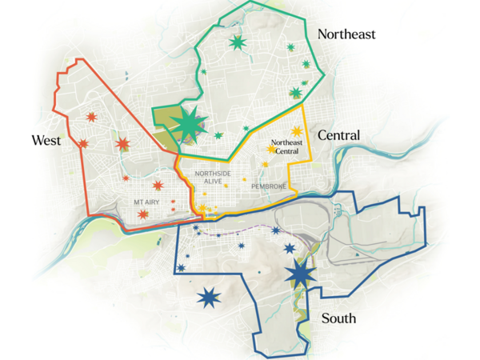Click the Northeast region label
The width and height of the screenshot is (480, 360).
point(346,34)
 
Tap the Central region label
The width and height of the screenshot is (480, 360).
point(338,135)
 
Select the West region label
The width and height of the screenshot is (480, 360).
point(46,141)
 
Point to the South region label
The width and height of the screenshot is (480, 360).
point(338,318)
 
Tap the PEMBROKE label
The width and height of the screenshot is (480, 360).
point(269,186)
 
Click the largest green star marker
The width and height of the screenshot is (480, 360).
point(190,123)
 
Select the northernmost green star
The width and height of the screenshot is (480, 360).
point(237,42)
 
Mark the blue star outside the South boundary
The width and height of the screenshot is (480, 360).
point(209,298)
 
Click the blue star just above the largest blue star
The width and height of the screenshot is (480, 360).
point(289,250)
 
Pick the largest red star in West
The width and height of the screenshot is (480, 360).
point(122,144)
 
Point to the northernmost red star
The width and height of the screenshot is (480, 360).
point(90,118)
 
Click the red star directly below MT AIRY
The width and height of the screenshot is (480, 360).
point(142,214)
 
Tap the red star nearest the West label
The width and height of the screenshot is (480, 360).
point(82,144)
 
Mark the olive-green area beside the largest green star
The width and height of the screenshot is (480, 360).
point(166,120)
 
